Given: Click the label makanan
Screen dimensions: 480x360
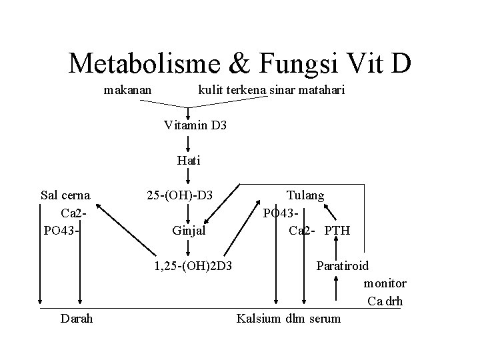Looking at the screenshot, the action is click(x=127, y=89).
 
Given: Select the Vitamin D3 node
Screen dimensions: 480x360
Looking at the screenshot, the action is click(x=195, y=124).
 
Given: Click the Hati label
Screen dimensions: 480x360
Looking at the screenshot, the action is click(x=189, y=160).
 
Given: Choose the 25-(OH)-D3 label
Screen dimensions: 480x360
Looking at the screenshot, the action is click(x=179, y=195).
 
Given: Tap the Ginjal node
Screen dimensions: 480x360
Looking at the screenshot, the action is click(x=189, y=231).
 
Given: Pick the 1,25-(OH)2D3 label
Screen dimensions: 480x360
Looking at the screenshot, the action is click(x=192, y=266).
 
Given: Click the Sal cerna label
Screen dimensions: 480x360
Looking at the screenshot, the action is click(x=65, y=195).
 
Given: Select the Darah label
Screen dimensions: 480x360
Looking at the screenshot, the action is click(x=77, y=319).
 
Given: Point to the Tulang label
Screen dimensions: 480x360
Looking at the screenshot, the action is click(x=305, y=195).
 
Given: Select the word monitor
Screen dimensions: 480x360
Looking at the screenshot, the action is click(x=385, y=283).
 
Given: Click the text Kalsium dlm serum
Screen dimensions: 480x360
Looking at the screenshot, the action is click(x=289, y=319).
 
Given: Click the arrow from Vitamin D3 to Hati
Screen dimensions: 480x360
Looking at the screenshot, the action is click(x=189, y=142).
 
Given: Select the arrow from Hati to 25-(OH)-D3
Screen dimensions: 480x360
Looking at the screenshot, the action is click(x=189, y=176).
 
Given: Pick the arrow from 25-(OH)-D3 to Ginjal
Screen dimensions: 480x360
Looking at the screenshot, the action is click(x=189, y=213).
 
